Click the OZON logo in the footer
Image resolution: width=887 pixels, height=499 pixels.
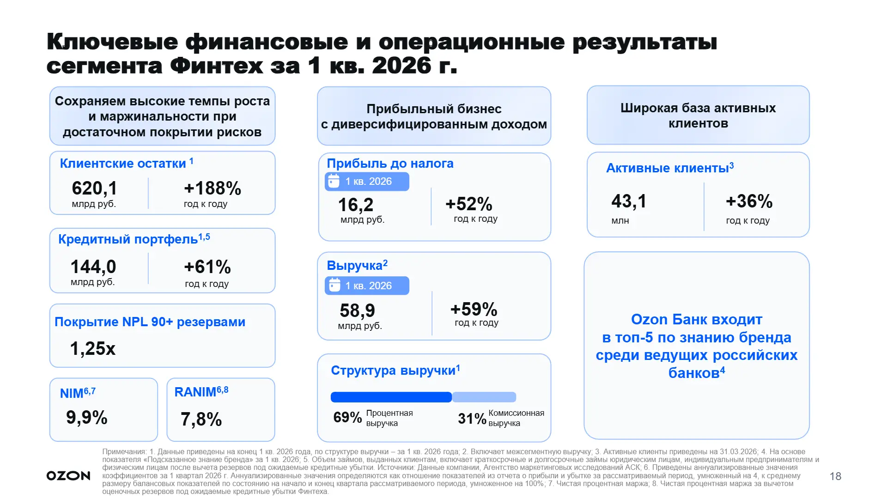point(68,476)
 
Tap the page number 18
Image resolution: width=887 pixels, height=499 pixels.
point(835,476)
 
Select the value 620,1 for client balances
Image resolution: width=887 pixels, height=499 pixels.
point(95,188)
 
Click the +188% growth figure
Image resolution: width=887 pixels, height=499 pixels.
point(213,188)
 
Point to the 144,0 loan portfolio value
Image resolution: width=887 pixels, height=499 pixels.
point(93,267)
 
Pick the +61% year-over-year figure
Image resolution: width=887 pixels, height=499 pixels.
point(207,267)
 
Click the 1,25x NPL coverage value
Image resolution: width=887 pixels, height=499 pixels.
point(92,348)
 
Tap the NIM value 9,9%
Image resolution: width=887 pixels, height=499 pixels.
point(87,417)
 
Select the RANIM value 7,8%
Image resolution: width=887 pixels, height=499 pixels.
point(201,419)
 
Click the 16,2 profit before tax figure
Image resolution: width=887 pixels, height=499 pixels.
point(356,205)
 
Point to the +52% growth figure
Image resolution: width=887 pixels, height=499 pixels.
point(469,204)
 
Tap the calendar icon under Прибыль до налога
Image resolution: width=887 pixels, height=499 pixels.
point(334,181)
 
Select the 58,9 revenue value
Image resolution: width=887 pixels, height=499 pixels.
point(358,310)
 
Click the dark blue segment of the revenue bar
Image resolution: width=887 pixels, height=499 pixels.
point(391,397)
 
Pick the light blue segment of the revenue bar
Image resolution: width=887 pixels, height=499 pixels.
point(484,397)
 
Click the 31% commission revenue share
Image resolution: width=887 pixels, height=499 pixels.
point(472,419)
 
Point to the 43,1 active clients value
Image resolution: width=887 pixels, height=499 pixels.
point(629,201)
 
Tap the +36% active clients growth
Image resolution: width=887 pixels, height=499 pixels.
point(749,201)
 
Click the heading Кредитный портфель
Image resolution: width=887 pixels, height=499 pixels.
point(128,239)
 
